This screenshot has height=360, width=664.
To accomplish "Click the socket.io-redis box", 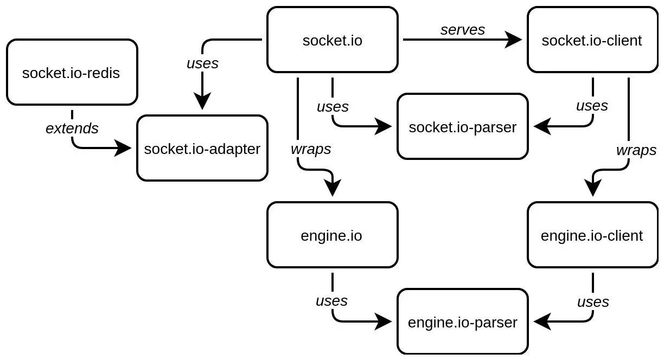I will (72, 72).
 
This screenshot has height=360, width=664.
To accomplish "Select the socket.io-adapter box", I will (202, 148).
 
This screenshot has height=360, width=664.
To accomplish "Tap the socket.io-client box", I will (592, 40).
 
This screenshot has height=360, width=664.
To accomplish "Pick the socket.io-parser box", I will (462, 126).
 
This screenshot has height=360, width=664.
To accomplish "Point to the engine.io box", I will (332, 235).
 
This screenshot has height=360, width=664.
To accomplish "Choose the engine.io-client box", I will (592, 235).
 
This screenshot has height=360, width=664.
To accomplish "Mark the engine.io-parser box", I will (462, 322).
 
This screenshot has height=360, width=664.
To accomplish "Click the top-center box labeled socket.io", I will (332, 40).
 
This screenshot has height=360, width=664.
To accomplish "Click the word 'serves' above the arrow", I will (462, 30).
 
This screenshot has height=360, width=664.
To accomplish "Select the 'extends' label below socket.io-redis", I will (72, 128).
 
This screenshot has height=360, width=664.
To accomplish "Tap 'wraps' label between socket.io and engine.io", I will (311, 149).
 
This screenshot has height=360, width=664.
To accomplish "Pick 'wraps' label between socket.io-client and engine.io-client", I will (636, 150).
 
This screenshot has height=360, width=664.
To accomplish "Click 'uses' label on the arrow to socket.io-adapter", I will (202, 63).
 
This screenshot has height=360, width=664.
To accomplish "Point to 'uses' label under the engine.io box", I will (331, 300).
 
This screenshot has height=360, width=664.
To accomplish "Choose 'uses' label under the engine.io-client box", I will (592, 301).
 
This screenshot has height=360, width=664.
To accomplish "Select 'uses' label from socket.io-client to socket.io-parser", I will (592, 106).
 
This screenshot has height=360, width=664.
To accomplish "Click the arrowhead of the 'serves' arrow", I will (513, 40).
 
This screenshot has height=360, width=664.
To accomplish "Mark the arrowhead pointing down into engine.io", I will (332, 188).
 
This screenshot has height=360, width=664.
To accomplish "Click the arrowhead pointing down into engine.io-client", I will (592, 188).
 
